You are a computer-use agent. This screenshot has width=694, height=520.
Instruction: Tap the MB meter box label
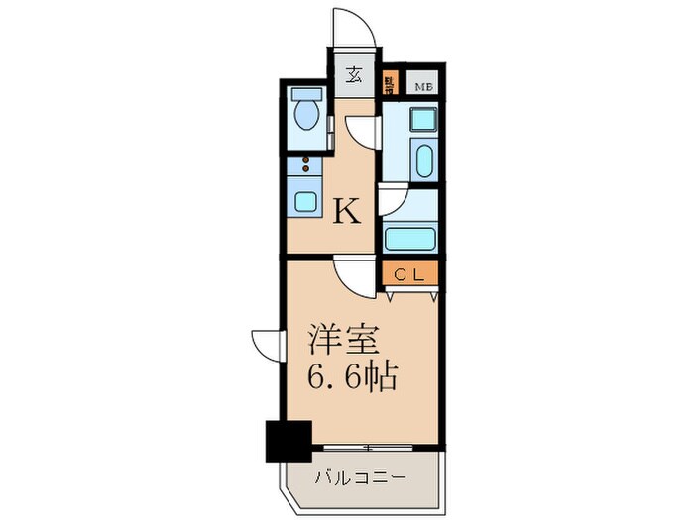(x=422, y=86)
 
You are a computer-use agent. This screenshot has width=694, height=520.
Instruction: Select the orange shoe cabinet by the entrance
(x=390, y=85)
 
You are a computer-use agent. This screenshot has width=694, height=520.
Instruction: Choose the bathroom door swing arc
(x=392, y=199)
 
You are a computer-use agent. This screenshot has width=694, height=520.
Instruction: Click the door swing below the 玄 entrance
(x=363, y=131)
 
